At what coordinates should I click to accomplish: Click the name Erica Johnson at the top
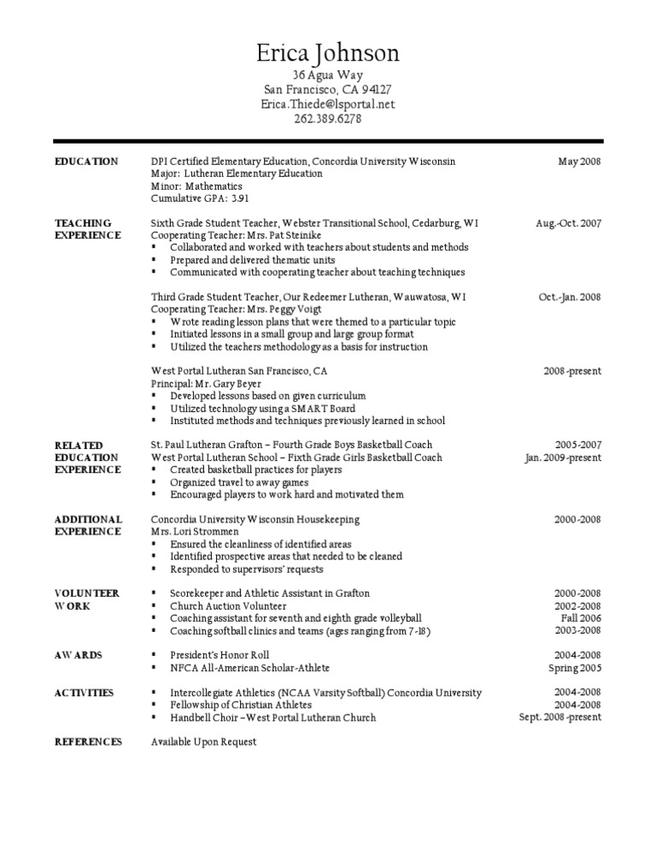click(x=328, y=54)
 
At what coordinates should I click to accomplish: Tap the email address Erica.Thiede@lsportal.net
click(x=328, y=103)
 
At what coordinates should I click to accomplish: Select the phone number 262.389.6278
click(x=328, y=118)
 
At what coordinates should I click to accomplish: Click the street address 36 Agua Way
click(x=328, y=75)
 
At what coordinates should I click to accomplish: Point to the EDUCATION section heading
click(x=86, y=162)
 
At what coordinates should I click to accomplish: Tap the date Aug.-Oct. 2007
click(x=568, y=223)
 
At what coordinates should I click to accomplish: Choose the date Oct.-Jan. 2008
click(x=569, y=298)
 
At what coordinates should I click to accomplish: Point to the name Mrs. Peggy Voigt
click(x=261, y=310)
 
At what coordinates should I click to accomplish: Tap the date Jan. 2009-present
click(x=562, y=457)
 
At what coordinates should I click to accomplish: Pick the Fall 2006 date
click(x=581, y=617)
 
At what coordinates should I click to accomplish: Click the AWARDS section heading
click(x=79, y=655)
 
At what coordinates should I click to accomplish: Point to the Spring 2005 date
click(x=574, y=668)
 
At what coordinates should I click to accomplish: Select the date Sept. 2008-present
click(x=559, y=717)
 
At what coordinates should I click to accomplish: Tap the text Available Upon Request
click(x=203, y=741)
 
